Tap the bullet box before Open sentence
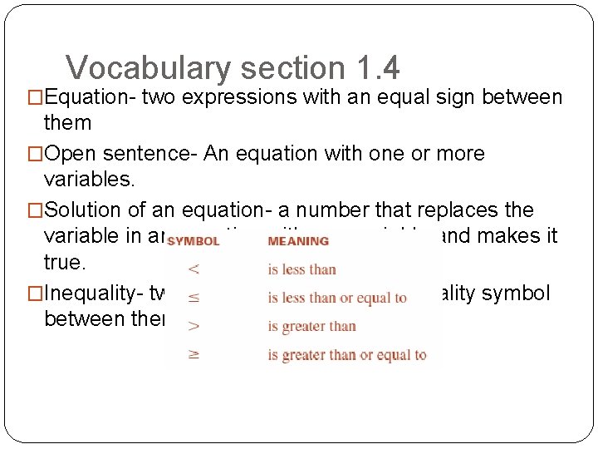pyautogui.click(x=36, y=155)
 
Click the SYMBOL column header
pyautogui.click(x=193, y=241)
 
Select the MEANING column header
pyautogui.click(x=298, y=241)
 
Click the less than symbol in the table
pyautogui.click(x=193, y=269)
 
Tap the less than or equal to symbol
pyautogui.click(x=193, y=297)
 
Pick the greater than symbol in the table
pyautogui.click(x=193, y=325)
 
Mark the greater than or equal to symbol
pyautogui.click(x=193, y=353)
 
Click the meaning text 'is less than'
pyautogui.click(x=301, y=269)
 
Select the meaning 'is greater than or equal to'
pyautogui.click(x=346, y=354)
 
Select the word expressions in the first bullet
pyautogui.click(x=239, y=98)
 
